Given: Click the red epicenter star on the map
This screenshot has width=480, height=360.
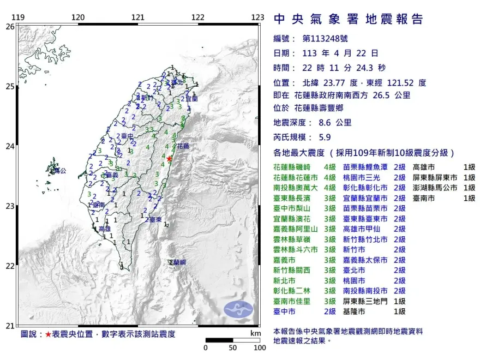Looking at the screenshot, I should coord(169,159).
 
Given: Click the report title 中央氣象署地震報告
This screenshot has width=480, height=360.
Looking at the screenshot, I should coord(348,20).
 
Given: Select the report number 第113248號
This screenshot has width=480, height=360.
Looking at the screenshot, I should coord(325,39).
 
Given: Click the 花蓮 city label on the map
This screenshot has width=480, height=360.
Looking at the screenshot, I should coord(183,146).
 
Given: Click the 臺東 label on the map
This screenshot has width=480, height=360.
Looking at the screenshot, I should coord(154,219).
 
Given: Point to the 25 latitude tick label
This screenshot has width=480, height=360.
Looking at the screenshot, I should coord(10,86).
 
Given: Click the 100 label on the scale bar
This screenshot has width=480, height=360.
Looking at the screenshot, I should coord(259,347).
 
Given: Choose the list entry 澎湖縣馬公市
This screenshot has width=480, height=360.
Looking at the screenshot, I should coord(437,188).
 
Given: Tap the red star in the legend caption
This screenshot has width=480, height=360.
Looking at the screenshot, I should coord(48,334).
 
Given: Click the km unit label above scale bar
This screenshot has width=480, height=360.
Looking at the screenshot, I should coord(255,332).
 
